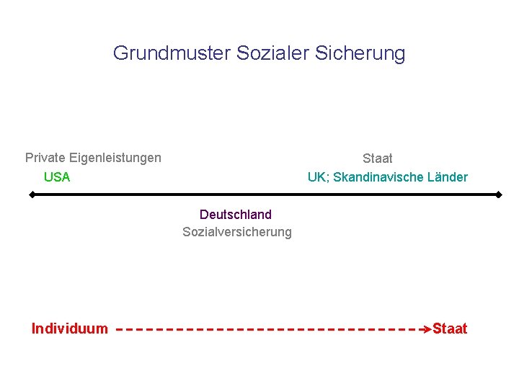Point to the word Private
45,158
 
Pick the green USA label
57,177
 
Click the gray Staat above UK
378,158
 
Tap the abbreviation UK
316,177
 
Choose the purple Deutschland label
236,215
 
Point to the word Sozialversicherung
237,232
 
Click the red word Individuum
70,329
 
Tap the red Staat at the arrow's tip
450,329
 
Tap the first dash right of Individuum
119,329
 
